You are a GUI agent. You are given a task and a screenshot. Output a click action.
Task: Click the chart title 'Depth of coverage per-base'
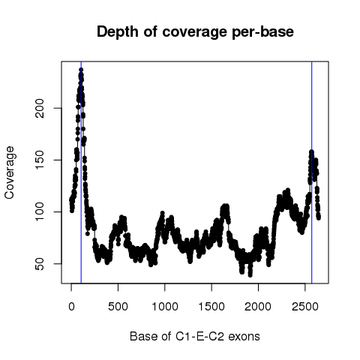195,32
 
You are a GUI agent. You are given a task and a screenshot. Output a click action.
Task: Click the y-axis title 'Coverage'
10,172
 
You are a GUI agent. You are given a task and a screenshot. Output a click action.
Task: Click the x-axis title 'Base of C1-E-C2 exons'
195,337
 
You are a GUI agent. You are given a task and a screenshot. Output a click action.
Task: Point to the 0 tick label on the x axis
71,307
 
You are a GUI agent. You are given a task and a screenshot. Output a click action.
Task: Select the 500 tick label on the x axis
118,307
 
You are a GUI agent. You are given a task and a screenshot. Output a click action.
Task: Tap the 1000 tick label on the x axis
165,307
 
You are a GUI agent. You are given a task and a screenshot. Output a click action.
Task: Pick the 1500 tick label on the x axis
211,307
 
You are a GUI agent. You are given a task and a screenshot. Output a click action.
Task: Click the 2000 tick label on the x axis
258,307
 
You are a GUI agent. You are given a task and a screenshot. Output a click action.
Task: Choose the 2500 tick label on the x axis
305,307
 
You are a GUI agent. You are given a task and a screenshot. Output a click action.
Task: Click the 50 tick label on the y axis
40,264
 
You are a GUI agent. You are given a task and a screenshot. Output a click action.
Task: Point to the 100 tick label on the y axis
40,211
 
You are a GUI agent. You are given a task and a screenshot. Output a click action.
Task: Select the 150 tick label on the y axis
40,160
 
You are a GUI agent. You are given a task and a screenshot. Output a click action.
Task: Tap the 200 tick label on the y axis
40,108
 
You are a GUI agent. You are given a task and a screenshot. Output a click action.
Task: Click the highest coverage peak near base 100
81,70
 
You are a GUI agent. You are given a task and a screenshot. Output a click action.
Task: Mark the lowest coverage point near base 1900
250,275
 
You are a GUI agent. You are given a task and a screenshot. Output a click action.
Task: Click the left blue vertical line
81,172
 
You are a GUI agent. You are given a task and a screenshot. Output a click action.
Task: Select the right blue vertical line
312,172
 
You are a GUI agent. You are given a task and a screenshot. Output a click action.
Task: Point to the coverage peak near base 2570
311,151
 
